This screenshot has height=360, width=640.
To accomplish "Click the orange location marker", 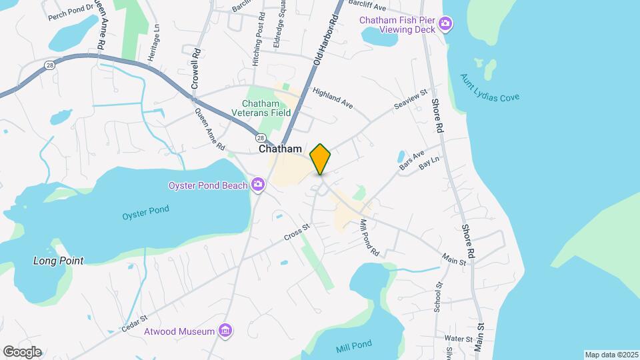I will tap(321, 159).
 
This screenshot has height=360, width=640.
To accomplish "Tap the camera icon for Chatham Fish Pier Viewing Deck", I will tap(445, 26).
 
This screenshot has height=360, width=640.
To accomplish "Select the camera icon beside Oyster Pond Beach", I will tap(258, 185).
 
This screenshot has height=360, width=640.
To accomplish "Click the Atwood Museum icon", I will tap(225, 331).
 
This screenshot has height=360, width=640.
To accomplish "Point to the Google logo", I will tap(22, 352).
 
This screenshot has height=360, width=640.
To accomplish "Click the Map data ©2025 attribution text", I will tap(611, 354).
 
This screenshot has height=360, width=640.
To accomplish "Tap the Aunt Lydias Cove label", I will tap(489, 87).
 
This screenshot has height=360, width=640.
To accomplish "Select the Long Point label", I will tap(59, 261).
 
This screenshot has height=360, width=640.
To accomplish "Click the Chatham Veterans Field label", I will tap(266, 109).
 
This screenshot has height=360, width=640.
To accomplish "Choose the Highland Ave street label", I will tap(332, 99).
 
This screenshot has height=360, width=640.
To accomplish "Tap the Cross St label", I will tap(297, 233).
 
